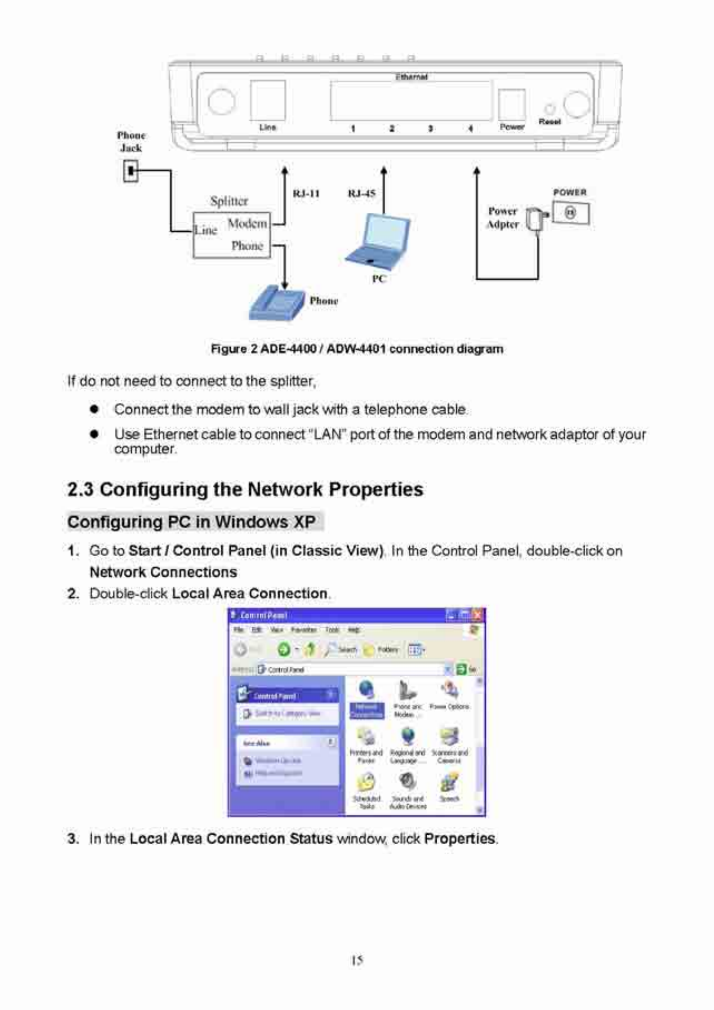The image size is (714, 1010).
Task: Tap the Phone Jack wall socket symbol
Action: pos(130,171)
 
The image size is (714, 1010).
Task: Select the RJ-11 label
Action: pos(306,194)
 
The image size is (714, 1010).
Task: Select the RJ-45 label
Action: pos(362,194)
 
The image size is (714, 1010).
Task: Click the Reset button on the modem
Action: pos(549,109)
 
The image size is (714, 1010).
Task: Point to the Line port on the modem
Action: pos(267,100)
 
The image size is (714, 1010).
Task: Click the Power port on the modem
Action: pos(512,105)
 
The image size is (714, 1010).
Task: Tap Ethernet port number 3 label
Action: pos(430,129)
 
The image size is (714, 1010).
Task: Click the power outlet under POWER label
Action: pos(570,213)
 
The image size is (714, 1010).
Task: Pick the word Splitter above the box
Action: pos(229,201)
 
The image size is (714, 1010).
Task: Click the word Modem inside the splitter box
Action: pos(247,224)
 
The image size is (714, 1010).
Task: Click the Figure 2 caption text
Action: pos(357,349)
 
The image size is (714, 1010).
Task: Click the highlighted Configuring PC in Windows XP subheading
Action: pos(191,522)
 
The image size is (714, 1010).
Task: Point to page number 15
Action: pos(357,961)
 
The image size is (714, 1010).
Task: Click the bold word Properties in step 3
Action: pos(460,839)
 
